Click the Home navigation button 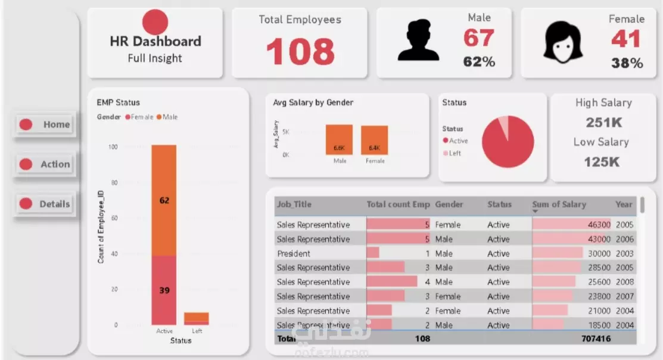(46, 125)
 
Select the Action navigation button (45, 164)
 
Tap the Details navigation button (45, 204)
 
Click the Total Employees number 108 (300, 51)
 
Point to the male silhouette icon (418, 40)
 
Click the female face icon (562, 42)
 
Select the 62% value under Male (480, 61)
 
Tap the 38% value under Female (627, 63)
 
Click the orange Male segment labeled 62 (164, 200)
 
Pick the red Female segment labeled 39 (164, 290)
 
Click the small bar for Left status (196, 318)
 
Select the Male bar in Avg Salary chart (339, 140)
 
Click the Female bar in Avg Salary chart (374, 141)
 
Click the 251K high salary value (603, 122)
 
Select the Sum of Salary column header (559, 204)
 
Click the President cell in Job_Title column (294, 253)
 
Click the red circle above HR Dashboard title (155, 22)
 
